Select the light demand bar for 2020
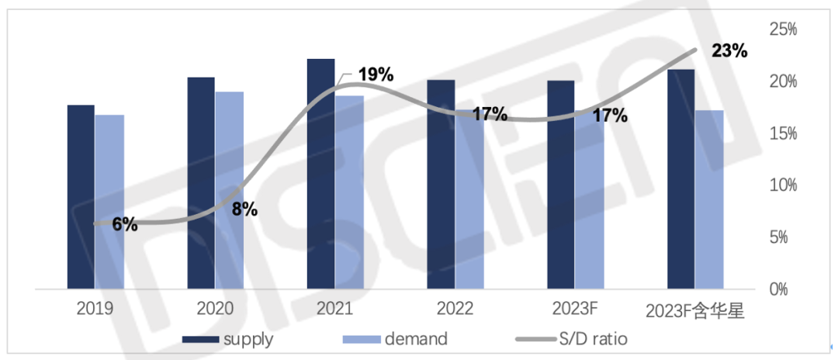(229, 190)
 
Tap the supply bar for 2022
(441, 184)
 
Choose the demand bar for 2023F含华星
(709, 199)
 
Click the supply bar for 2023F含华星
(680, 179)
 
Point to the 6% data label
(124, 225)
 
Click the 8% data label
(244, 209)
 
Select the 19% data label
(376, 75)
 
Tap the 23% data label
(729, 52)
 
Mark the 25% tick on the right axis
(783, 30)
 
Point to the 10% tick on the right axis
(783, 185)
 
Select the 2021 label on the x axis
(334, 309)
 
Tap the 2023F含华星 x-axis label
(695, 311)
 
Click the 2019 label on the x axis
(95, 309)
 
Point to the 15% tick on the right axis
(783, 133)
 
